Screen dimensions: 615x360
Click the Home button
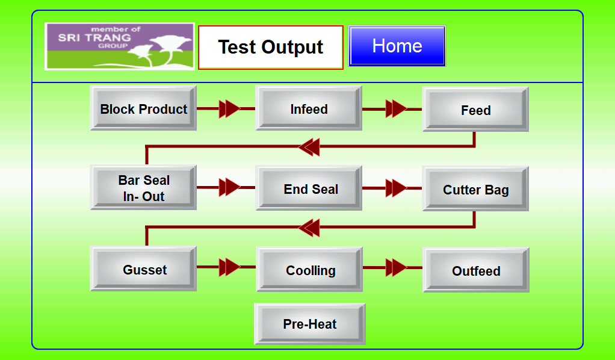point(397,46)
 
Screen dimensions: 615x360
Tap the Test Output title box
point(271,48)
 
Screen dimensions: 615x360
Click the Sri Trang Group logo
point(120,46)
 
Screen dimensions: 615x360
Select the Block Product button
point(144,108)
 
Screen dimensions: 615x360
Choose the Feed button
point(475,109)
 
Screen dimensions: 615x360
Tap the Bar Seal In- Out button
point(144,188)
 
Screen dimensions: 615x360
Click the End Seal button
point(309,188)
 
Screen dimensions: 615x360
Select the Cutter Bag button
point(475,189)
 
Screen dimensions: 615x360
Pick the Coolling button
point(309,269)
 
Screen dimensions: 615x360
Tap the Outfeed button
point(476,270)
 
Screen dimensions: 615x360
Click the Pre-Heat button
point(310,324)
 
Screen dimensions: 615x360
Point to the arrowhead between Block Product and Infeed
point(229,108)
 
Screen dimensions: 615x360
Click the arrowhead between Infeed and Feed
point(396,109)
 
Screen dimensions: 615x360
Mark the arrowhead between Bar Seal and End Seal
point(229,187)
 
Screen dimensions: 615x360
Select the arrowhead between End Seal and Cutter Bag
point(396,188)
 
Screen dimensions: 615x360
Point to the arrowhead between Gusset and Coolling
point(229,267)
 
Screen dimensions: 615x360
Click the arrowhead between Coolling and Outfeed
point(396,268)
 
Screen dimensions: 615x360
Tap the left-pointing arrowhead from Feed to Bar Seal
point(309,147)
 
